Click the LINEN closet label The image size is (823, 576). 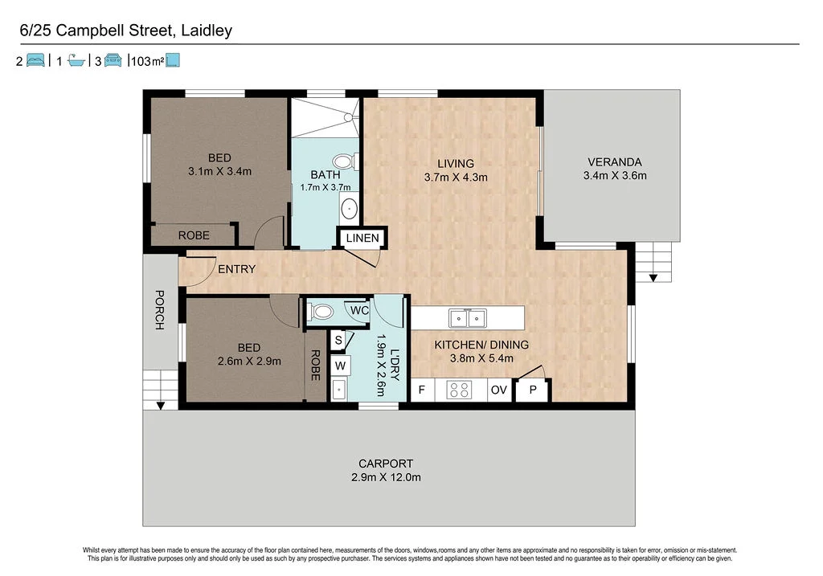362,239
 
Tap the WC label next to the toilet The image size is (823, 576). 358,310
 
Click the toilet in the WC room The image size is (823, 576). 322,311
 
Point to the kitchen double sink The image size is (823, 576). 467,318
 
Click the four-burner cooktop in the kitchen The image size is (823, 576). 460,390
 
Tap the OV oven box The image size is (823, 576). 498,390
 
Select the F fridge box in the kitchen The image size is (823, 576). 422,390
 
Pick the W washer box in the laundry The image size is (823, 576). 340,366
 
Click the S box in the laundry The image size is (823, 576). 338,341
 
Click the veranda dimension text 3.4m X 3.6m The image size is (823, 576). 615,176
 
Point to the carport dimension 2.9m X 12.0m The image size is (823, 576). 386,477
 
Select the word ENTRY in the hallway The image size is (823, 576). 236,269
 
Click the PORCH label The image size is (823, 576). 159,310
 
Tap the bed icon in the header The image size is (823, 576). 35,60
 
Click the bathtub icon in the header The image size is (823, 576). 77,60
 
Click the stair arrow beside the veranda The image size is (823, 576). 653,278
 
